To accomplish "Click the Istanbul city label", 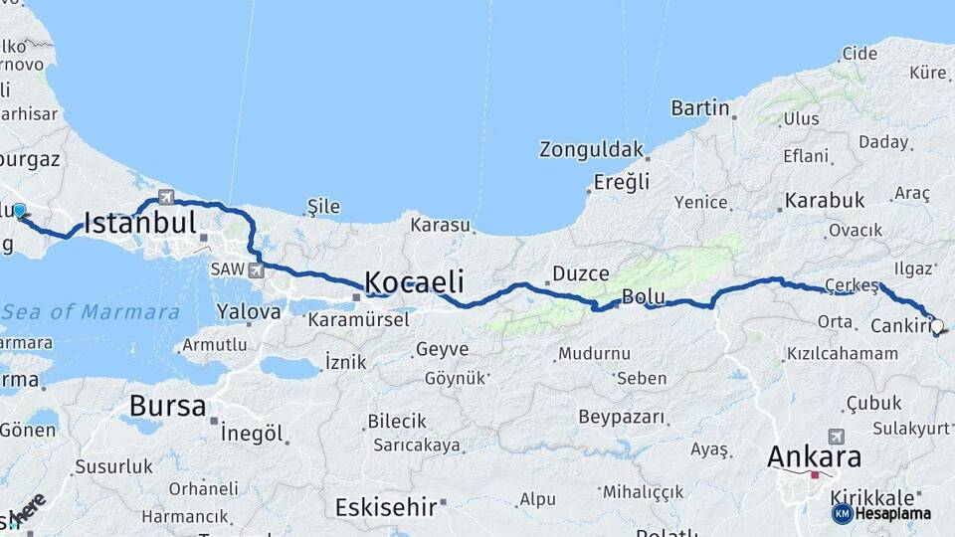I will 139,223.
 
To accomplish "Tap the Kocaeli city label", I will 414,281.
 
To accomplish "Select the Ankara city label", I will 814,457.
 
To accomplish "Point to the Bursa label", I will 167,406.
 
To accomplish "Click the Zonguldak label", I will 591,150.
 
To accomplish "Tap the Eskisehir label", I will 385,507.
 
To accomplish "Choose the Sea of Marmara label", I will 91,312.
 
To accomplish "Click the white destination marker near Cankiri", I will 936,326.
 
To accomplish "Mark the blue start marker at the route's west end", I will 19,210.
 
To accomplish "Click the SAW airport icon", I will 256,269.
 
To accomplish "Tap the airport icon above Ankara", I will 836,436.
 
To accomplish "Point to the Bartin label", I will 700,107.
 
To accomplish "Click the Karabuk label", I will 825,201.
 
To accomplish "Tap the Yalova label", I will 249,312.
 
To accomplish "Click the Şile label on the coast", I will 323,207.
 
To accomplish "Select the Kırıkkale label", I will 879,496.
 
